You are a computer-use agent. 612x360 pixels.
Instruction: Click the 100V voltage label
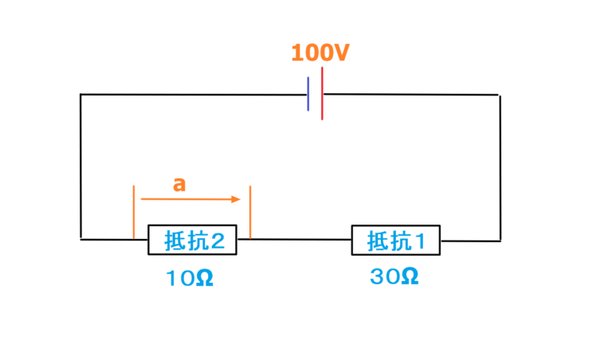tap(320, 53)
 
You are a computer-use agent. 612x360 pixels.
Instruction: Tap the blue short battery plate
tap(308, 95)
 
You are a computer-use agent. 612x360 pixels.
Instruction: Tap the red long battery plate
tap(322, 94)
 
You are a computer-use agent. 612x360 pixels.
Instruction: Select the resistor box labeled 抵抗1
tap(396, 240)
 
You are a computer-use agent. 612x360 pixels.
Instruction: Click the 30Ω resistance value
tap(394, 277)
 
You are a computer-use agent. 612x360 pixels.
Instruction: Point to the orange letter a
tap(179, 184)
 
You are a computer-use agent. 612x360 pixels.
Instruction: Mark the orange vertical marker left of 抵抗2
tap(134, 212)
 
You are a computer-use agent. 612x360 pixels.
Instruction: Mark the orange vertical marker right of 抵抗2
tap(250, 212)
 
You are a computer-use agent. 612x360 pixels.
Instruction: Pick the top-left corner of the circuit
tap(80, 95)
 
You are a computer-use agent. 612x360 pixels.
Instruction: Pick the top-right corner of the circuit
tap(499, 95)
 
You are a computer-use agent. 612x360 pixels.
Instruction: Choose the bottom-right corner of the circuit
tap(500, 239)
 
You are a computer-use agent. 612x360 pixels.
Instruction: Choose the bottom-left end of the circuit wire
tap(81, 238)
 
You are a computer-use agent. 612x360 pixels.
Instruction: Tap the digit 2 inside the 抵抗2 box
tap(226, 240)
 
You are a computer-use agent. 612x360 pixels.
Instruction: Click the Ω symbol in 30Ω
tap(408, 277)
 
